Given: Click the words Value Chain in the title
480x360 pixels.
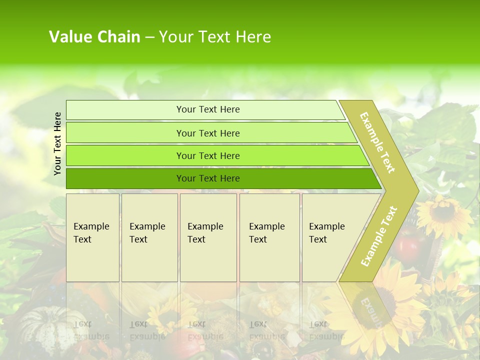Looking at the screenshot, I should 94,36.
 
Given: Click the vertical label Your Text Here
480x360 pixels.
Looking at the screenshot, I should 58,143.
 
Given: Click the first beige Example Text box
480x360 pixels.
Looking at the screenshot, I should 92,237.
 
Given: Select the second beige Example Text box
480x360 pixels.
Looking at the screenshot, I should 149,237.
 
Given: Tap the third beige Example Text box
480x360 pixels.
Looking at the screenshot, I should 208,237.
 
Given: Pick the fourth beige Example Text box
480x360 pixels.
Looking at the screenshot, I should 269,237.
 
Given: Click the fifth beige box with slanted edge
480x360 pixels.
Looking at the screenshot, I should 330,237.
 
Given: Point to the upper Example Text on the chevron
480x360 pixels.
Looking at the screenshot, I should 377,142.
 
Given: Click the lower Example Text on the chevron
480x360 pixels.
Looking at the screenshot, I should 378,236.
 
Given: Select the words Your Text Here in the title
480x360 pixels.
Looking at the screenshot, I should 215,36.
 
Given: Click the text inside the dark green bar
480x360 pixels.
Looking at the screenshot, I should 208,178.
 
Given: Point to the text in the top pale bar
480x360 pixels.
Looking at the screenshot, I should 208,109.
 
